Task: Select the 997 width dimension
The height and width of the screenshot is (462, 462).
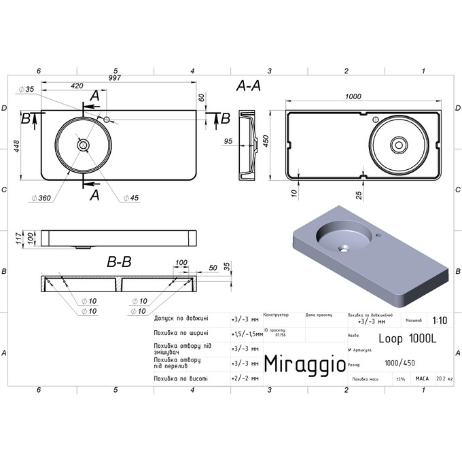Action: pyautogui.click(x=114, y=78)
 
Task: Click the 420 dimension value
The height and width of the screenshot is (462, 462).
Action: pyautogui.click(x=76, y=86)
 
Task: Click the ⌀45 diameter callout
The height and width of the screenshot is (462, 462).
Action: pyautogui.click(x=130, y=198)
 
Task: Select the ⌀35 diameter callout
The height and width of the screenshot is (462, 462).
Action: pyautogui.click(x=30, y=90)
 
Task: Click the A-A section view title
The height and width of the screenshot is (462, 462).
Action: pyautogui.click(x=248, y=86)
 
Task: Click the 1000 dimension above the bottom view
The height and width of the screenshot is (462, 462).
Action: pyautogui.click(x=353, y=97)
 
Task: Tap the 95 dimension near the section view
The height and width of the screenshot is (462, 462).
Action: pyautogui.click(x=228, y=141)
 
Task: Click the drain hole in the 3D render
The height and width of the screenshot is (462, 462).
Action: pyautogui.click(x=345, y=248)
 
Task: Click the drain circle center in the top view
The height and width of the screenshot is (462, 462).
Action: pyautogui.click(x=83, y=144)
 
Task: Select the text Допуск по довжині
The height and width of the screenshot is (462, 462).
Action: pyautogui.click(x=181, y=318)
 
